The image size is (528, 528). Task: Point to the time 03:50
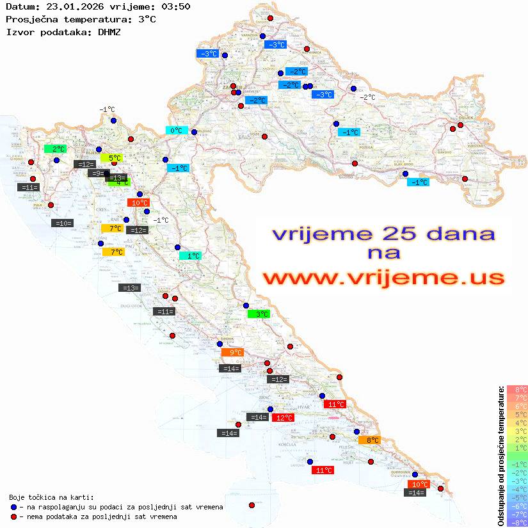tap(176, 6)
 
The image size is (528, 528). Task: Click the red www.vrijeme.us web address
tap(383, 278)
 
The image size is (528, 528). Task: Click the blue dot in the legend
tap(13, 507)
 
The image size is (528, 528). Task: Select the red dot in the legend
tap(13, 516)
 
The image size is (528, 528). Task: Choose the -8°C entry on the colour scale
tap(517, 522)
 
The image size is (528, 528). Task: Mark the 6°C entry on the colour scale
tap(517, 406)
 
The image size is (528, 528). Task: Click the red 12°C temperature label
tap(284, 418)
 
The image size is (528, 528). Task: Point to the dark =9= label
tap(97, 173)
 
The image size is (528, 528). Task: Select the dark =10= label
tap(63, 223)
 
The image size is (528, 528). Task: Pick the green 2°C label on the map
tap(56, 149)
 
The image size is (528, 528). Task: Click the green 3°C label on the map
tap(259, 314)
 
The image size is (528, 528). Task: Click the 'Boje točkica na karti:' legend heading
tap(51, 497)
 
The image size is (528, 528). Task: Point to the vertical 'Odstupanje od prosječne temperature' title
tap(500, 455)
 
